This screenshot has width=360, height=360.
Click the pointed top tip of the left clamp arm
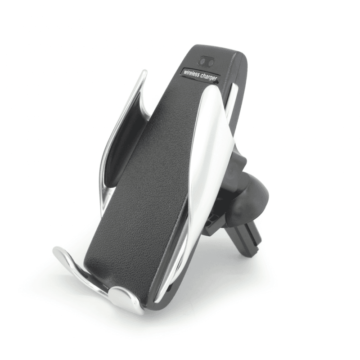coord(144,72)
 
